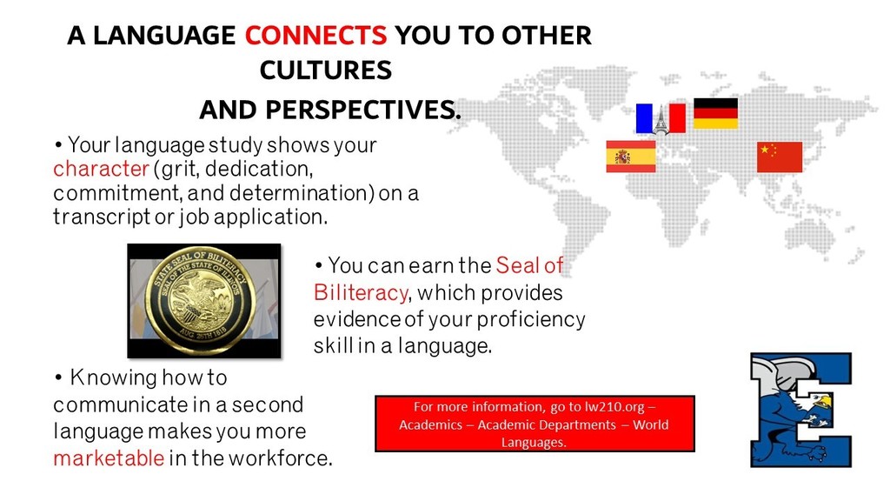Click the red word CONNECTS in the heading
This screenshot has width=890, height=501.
(315, 35)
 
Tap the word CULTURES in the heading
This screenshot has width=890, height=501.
(326, 70)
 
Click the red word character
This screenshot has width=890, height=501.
(101, 169)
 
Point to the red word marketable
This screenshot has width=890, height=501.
(109, 458)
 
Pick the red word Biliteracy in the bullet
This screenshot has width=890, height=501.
(361, 293)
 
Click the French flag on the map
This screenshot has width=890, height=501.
(661, 118)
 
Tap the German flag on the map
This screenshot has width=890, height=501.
(716, 113)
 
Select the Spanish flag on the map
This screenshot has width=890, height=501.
(631, 157)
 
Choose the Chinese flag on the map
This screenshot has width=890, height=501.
(780, 157)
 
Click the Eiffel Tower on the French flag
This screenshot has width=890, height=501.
(661, 120)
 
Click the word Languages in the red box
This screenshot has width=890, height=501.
(534, 443)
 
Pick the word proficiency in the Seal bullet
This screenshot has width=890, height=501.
(531, 320)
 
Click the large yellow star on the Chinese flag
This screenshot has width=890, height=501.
(765, 150)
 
